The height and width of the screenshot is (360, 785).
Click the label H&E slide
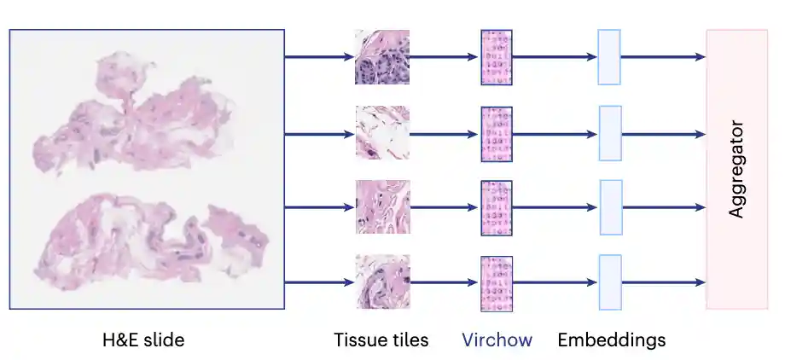click(143, 340)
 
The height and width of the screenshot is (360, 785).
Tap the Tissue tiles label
click(381, 340)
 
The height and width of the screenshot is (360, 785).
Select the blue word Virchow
click(497, 340)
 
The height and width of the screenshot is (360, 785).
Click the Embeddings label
click(612, 340)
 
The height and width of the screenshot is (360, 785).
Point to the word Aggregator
click(736, 169)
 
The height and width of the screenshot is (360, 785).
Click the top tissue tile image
click(382, 57)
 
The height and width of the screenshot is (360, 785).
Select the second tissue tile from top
click(382, 133)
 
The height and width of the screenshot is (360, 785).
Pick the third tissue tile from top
click(383, 207)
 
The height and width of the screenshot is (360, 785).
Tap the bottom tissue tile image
click(383, 282)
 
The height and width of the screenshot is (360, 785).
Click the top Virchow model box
click(497, 57)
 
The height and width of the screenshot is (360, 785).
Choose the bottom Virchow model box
click(497, 284)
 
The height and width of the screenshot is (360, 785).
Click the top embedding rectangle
click(609, 57)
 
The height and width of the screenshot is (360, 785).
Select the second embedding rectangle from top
click(610, 133)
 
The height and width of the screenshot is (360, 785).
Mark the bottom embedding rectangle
click(610, 282)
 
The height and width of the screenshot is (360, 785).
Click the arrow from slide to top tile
click(319, 57)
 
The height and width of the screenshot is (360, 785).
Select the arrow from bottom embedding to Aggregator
click(664, 283)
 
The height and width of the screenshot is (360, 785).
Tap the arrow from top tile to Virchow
click(444, 57)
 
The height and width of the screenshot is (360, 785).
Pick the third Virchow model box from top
click(497, 208)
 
